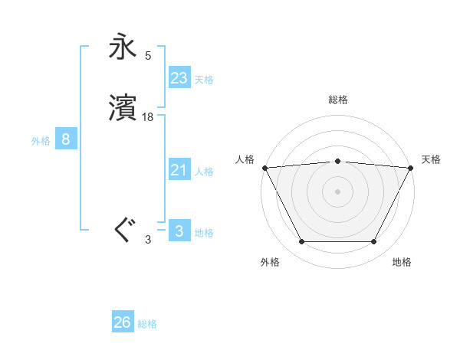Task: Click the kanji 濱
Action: point(123,108)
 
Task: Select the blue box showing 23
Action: point(179,78)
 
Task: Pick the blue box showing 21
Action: point(179,170)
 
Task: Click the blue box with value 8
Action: point(66,139)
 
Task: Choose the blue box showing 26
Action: point(123,322)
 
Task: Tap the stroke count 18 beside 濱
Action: point(148,117)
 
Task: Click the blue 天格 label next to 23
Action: point(204,80)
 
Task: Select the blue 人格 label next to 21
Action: point(204,172)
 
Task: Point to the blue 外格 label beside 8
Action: point(41,141)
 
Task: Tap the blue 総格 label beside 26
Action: point(147,324)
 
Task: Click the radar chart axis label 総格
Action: point(337,100)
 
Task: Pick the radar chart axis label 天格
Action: point(431,159)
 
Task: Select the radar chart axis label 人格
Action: point(245,159)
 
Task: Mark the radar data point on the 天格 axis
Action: point(411,167)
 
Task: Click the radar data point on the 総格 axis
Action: point(337,161)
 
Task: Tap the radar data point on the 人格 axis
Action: point(264,167)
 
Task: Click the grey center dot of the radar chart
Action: point(337,191)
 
